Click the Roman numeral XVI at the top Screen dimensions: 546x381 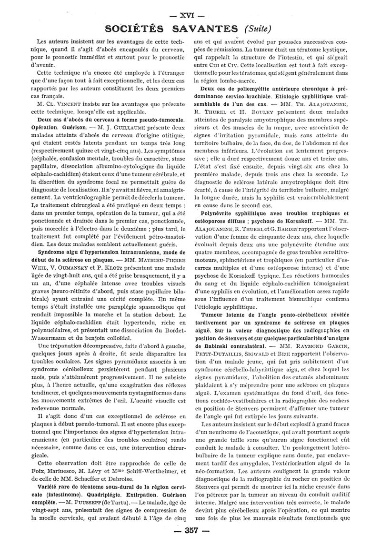(x=191, y=7)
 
